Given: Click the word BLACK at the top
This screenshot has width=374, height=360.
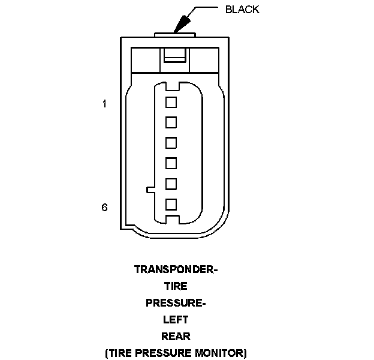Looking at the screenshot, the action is [242, 10].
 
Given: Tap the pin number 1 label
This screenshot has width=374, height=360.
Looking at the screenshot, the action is [104, 104].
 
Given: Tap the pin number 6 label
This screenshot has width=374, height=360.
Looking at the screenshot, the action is [104, 207].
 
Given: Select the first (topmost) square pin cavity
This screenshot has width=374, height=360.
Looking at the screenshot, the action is [171, 102].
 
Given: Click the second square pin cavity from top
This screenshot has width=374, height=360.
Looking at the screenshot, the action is [171, 122].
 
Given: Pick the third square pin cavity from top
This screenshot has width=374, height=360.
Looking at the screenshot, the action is [171, 143].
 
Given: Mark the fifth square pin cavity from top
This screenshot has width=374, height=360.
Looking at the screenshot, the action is [171, 184].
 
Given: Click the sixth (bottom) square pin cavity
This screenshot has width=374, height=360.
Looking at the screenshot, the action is [171, 204].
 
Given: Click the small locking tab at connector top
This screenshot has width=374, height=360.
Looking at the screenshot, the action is [174, 58].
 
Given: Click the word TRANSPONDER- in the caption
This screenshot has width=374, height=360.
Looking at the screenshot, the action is [176, 269].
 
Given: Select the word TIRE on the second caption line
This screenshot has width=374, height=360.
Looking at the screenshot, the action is [176, 286].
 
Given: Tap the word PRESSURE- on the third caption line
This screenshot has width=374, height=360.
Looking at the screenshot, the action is [176, 303].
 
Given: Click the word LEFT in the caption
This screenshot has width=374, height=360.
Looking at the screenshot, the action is [176, 320].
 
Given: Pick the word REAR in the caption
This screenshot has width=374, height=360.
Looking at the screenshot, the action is [176, 336].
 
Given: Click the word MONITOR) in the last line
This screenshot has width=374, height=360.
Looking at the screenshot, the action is [222, 353].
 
